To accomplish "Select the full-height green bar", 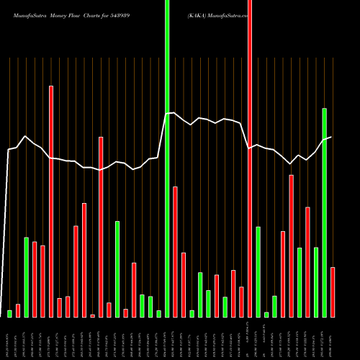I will coord(167,158).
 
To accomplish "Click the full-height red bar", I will coord(250,158).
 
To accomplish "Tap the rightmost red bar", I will coord(333,292).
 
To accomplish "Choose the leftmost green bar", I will coord(10,313).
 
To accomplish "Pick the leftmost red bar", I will coord(18,310).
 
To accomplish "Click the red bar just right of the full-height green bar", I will coord(175,251).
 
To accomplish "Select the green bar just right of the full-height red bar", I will coord(258,271).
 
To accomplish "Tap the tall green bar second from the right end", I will coord(325,212).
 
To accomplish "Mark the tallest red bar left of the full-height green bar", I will coord(51,201).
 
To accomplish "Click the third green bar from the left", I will coord(117,269).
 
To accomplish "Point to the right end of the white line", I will coord(331,137).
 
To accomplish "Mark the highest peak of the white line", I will coord(174,112).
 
